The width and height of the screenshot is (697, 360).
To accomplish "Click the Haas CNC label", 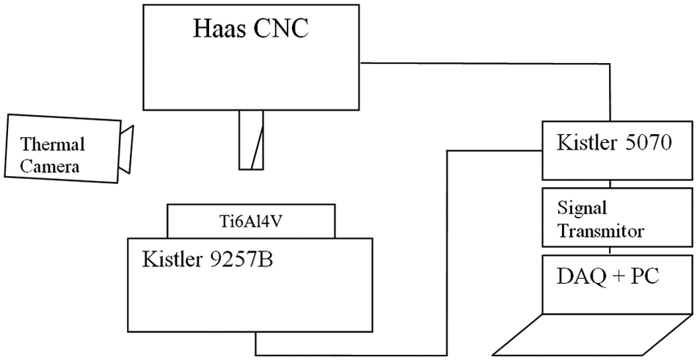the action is pos(250,29).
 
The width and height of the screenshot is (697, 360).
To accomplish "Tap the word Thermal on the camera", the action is pos(52,144).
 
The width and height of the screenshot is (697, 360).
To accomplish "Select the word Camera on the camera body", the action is pos(50,166).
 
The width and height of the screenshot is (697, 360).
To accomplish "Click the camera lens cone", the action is pos(125,150).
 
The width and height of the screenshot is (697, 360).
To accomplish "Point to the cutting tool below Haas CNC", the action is pos(251,139).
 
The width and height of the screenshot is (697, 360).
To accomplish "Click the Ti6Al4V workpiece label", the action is pos(251,221).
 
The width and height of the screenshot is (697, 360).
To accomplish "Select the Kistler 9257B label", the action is pos(207,259).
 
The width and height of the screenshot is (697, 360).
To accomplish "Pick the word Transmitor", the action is pos(601,231).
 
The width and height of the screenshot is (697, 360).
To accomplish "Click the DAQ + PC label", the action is pos(607,276).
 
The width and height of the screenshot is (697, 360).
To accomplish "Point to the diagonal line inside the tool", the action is pos(258,147).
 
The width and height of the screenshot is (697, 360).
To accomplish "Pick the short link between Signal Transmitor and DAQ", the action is pos(610,251).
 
